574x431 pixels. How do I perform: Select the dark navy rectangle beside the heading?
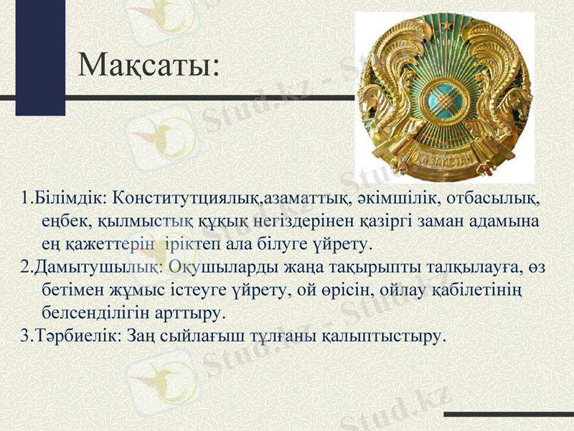coord(40,57)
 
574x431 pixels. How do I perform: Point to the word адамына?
coord(505,221)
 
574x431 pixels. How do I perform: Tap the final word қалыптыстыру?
coord(383,335)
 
